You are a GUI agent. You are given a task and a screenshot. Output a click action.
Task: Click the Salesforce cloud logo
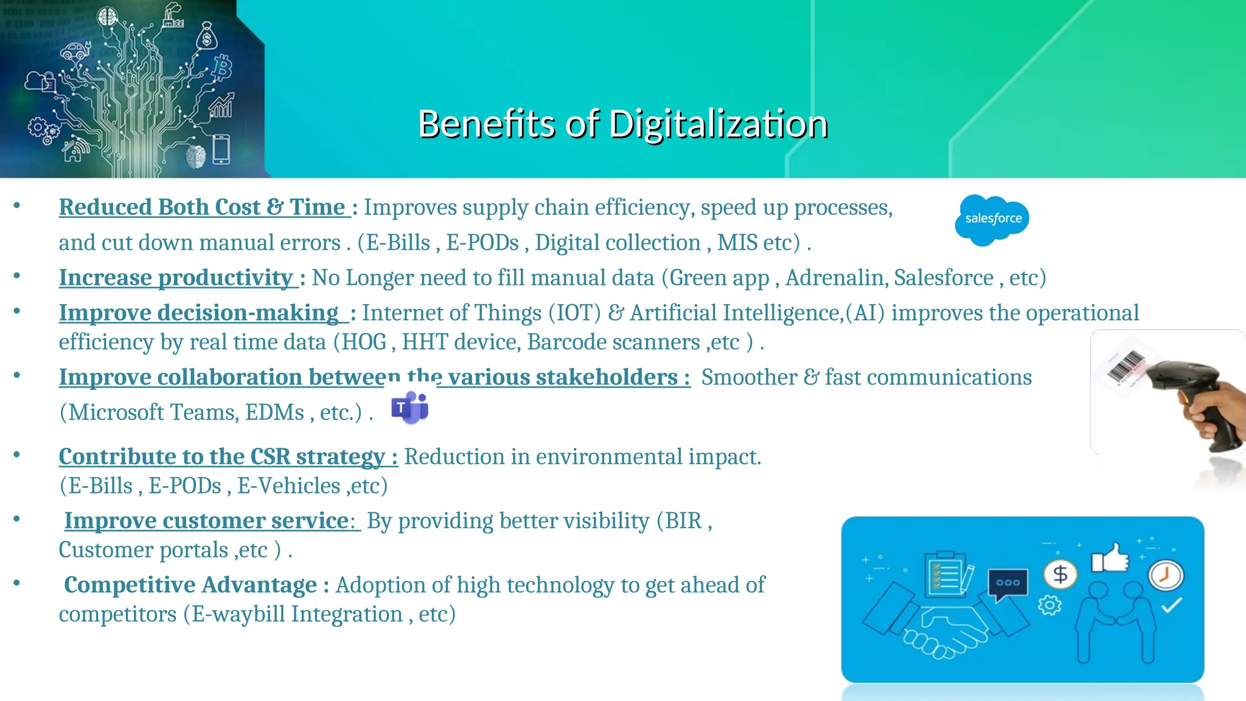coord(992,219)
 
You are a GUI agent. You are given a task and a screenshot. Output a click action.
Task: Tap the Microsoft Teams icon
coord(410,408)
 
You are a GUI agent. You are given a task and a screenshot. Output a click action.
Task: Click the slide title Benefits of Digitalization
coord(623,124)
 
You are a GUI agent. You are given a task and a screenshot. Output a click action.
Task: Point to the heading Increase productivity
coord(176,278)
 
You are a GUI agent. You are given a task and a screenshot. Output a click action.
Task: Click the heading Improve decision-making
coord(199,313)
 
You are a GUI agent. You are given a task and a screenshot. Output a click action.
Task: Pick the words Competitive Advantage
coord(190,585)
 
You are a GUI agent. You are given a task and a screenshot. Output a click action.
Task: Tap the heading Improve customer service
coord(207,521)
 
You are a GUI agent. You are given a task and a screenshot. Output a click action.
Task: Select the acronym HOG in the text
coord(364,342)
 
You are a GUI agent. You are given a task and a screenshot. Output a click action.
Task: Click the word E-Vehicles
coord(288,486)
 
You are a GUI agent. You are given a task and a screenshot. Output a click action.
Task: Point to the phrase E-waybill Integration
coord(297,615)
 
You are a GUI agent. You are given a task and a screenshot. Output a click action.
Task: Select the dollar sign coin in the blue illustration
coord(1060,574)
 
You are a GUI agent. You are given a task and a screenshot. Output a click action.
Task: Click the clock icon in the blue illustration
coord(1165,575)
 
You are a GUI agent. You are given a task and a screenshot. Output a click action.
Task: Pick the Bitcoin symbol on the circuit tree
coord(221,68)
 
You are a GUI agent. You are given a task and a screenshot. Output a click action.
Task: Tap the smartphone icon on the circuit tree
coord(221,150)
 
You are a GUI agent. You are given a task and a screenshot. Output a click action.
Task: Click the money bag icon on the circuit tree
coord(207,37)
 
